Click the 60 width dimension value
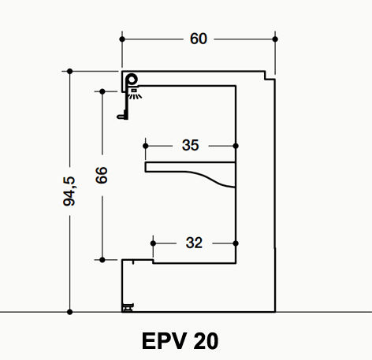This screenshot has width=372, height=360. (199, 39)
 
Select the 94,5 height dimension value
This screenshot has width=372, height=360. (69, 191)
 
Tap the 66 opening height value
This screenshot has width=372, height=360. (102, 175)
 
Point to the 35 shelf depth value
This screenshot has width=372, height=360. (191, 145)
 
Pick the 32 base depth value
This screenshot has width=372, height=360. (194, 243)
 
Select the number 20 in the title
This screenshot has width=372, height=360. (206, 341)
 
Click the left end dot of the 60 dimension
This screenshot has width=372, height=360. (122, 39)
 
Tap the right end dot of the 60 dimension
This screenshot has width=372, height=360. (275, 39)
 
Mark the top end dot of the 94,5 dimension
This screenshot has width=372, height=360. (69, 71)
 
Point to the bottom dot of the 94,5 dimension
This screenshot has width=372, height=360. (69, 312)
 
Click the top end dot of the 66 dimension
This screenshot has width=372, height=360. (102, 91)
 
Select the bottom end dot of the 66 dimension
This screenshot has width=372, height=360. (102, 260)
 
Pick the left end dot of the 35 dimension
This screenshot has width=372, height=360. (146, 146)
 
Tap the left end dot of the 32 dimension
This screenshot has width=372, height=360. (153, 243)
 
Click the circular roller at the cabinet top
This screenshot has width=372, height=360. (132, 80)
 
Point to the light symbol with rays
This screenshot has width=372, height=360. (135, 94)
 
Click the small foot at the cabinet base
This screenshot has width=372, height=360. (128, 307)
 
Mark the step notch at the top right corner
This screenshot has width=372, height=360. (270, 76)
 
